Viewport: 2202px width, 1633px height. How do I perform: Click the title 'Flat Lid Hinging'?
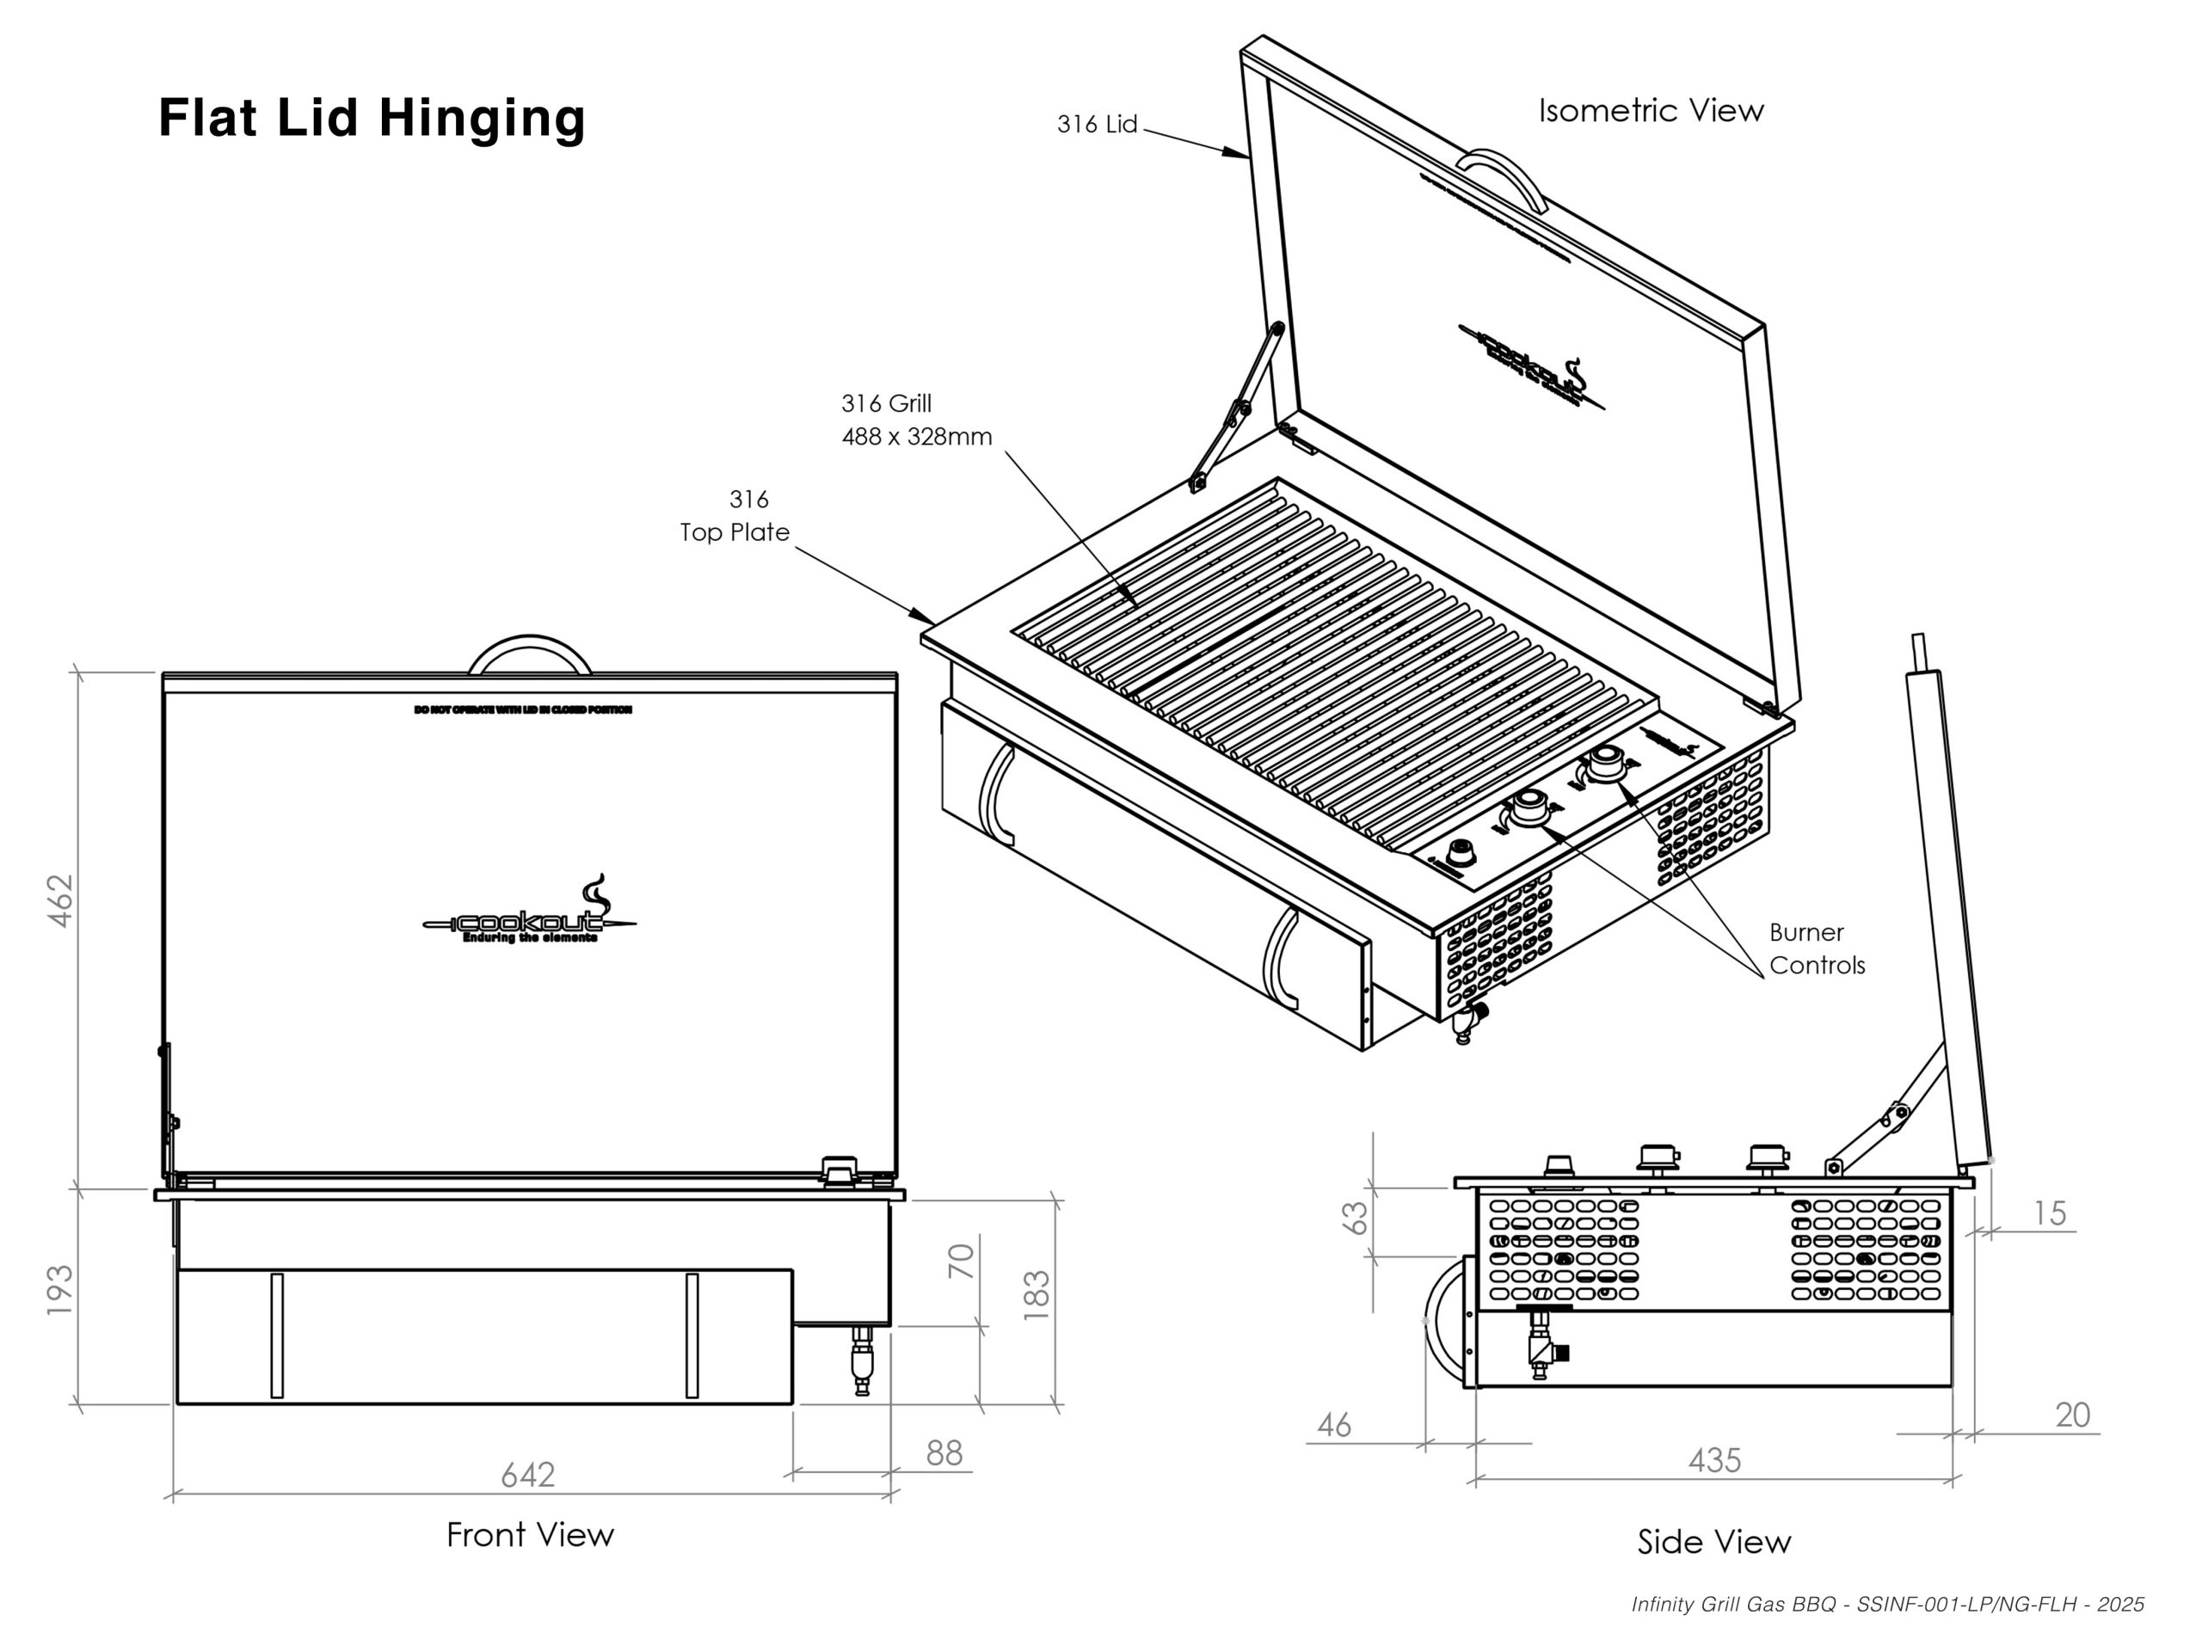click(x=372, y=118)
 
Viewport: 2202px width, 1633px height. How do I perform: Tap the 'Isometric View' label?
click(x=1651, y=111)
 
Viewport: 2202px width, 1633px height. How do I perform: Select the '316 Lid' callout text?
click(x=1097, y=125)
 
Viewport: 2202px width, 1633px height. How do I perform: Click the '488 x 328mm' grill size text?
click(x=917, y=437)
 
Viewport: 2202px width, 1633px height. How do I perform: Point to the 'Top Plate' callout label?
click(x=735, y=531)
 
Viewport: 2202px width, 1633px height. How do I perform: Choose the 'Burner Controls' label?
click(x=1817, y=949)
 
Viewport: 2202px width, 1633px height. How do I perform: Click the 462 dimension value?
click(x=61, y=899)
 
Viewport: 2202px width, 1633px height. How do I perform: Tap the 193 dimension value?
click(x=61, y=1290)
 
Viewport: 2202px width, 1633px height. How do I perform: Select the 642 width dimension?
click(x=528, y=1475)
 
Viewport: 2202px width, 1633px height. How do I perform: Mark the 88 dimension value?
click(x=944, y=1452)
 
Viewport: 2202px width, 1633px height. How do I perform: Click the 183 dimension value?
click(x=1036, y=1296)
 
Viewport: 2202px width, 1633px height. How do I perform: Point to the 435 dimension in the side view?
click(x=1714, y=1460)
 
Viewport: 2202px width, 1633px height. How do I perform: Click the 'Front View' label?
click(x=530, y=1535)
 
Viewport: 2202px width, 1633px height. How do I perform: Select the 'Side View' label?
click(x=1713, y=1542)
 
